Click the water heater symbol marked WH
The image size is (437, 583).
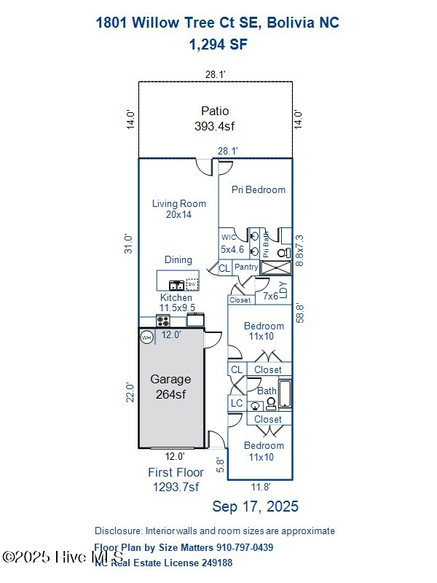pyautogui.click(x=146, y=337)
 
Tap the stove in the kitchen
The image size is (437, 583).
pyautogui.click(x=163, y=321)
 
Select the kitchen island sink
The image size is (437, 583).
pyautogui.click(x=176, y=284)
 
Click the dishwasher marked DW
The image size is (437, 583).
pyautogui.click(x=192, y=283)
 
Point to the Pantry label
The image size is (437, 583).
pyautogui.click(x=246, y=267)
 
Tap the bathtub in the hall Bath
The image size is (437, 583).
pyautogui.click(x=285, y=394)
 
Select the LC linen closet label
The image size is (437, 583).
pyautogui.click(x=237, y=403)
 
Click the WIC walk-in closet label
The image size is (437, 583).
pyautogui.click(x=229, y=237)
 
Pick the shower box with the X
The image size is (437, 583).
pyautogui.click(x=276, y=267)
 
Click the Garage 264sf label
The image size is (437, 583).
pyautogui.click(x=170, y=386)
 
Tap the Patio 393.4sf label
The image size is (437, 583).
pyautogui.click(x=215, y=118)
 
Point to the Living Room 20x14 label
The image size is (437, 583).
pyautogui.click(x=179, y=209)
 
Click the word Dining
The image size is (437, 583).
pyautogui.click(x=178, y=259)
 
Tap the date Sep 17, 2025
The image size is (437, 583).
pyautogui.click(x=255, y=506)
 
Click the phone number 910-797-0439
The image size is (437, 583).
pyautogui.click(x=245, y=547)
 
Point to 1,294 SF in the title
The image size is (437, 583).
pyautogui.click(x=218, y=44)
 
